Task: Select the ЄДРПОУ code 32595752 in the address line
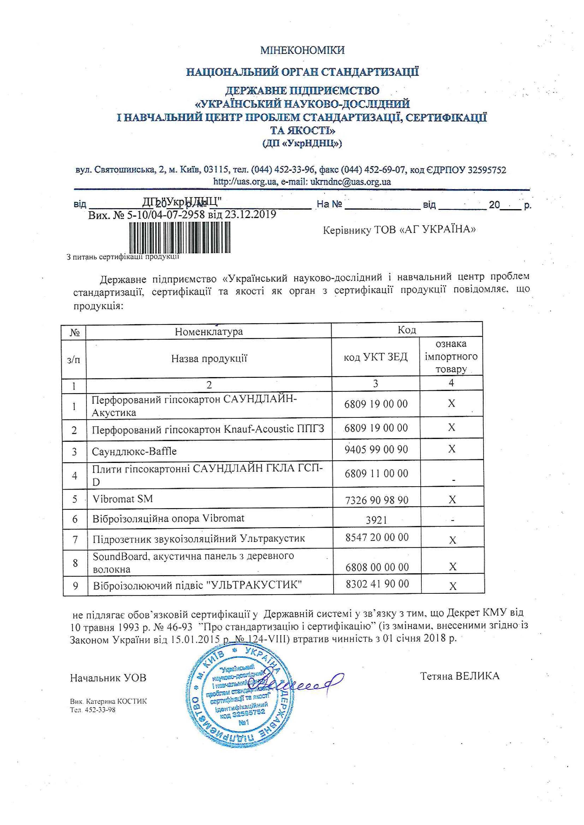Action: (487, 170)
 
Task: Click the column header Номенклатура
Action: (209, 331)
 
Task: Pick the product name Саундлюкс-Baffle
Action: (134, 451)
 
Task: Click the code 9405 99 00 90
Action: (376, 450)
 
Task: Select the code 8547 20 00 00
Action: (377, 538)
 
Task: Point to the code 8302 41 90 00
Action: (377, 584)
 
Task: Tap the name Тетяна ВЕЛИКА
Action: (460, 676)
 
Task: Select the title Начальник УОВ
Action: (108, 678)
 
